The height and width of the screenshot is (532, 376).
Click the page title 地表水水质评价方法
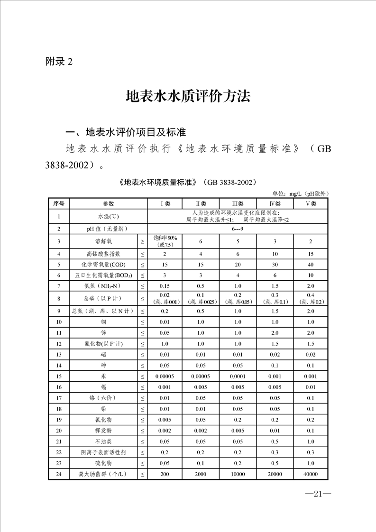coord(188,96)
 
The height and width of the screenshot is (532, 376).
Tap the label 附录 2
coord(59,62)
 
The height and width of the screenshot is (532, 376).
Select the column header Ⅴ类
coord(311,203)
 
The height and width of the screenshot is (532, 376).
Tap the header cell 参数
coord(109,203)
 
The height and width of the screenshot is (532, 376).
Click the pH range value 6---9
coord(238,229)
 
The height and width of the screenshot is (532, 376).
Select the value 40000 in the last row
coord(311,474)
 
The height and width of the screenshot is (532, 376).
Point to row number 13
coord(59,354)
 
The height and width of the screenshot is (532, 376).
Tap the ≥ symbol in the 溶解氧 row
coord(143,241)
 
